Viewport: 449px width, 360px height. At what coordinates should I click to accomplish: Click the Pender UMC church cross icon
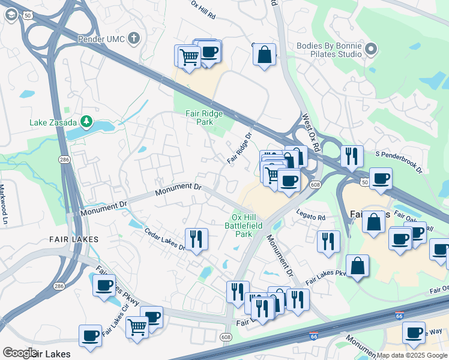point(134,39)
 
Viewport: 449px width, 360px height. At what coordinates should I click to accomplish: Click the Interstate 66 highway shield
point(313,337)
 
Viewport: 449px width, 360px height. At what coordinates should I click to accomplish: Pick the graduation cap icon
point(11,15)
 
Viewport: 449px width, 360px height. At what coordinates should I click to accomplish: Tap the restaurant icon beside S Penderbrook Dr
point(352,155)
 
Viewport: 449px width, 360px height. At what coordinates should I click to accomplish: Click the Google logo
point(20,353)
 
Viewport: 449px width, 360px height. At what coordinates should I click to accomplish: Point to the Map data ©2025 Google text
point(411,355)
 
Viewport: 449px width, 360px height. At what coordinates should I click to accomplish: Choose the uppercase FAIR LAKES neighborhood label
point(74,239)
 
